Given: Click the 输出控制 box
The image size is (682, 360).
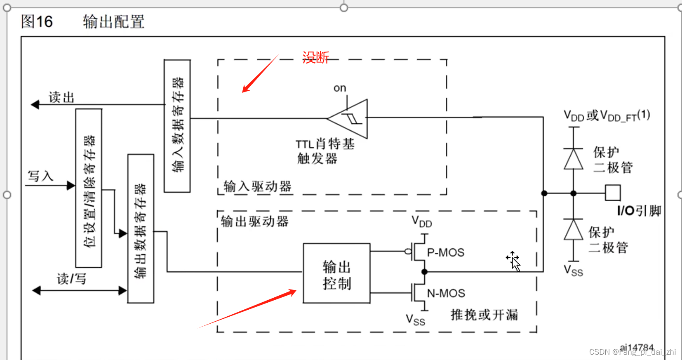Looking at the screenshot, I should coord(336,273).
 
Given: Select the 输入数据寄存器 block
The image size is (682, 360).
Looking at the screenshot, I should coord(177,126).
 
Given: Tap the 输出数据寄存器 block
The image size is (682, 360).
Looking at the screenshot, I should coord(141,229).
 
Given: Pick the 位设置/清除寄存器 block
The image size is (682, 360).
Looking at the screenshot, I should coord(89,188).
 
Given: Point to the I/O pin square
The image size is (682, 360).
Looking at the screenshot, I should coord(612,193).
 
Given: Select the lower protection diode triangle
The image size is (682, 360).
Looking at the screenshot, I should coord(573,229).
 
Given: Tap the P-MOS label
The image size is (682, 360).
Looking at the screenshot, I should coord(445,252).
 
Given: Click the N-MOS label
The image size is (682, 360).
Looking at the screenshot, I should coord(446,293).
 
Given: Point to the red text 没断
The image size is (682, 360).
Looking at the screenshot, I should coord(315,57).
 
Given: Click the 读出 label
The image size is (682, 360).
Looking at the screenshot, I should coord(61,97).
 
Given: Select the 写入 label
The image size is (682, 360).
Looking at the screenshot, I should coord(40,176).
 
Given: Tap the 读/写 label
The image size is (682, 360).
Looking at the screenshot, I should coord(71,279).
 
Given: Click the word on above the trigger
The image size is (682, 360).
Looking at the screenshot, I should coord(340,88).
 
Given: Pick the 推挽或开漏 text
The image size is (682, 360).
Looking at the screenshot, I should coord(484,315).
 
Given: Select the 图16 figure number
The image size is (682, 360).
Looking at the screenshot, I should coord(37,21).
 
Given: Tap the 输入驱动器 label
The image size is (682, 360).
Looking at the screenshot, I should coord(257,186).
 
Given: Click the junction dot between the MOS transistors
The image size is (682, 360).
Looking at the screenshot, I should coord(424,272).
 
